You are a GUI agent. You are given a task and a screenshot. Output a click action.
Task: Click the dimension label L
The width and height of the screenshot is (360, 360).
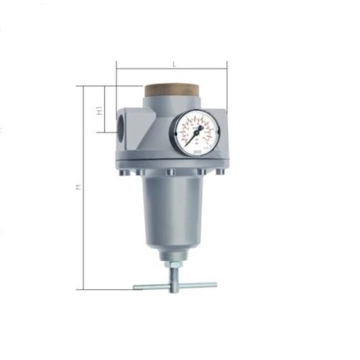[x=174, y=64]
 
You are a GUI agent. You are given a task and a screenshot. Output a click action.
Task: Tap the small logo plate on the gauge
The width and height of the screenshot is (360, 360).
[x=197, y=148]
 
